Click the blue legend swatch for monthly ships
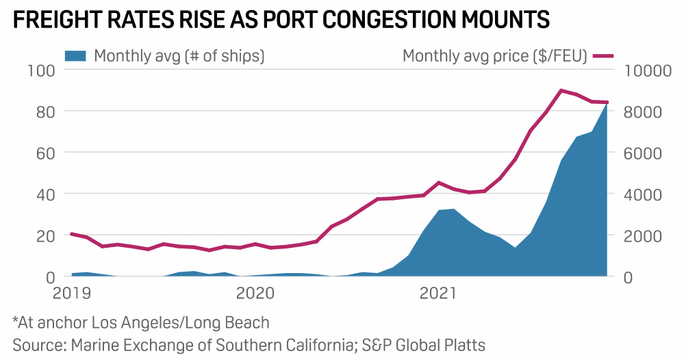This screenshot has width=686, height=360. point(76,56)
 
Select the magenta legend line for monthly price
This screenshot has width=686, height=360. point(603,56)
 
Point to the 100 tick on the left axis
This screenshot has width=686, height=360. point(41,70)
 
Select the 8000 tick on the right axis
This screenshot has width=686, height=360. point(643,112)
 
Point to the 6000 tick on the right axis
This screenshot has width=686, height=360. point(643,153)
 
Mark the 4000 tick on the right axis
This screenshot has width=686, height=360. point(643,194)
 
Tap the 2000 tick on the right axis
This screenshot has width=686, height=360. point(643,235)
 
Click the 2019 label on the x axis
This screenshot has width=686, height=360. point(71,294)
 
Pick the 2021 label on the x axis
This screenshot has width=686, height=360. point(437,294)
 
